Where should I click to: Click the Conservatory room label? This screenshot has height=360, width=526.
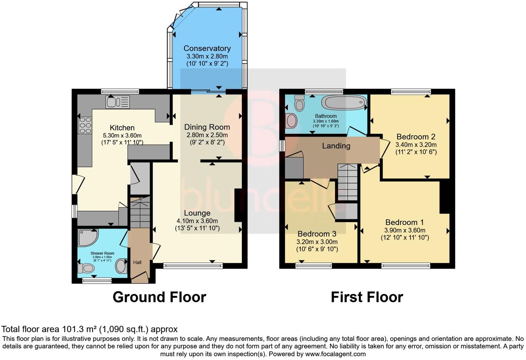click(x=207, y=48)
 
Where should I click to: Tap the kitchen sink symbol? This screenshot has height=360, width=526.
click(x=118, y=102)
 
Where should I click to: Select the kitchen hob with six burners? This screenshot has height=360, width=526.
click(x=85, y=125)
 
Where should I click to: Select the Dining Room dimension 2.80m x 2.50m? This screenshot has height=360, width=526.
click(x=207, y=135)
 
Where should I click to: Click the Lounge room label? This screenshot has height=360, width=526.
click(x=197, y=213)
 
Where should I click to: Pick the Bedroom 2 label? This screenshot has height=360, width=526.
click(x=416, y=137)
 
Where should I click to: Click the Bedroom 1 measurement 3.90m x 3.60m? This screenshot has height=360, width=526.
click(x=405, y=230)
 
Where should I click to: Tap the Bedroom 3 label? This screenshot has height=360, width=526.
click(x=317, y=233)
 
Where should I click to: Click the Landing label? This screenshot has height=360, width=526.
click(x=336, y=146)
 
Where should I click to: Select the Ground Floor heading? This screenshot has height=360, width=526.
click(x=159, y=297)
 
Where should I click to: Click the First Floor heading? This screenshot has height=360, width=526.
click(x=367, y=297)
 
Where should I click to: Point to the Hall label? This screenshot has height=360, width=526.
click(x=137, y=262)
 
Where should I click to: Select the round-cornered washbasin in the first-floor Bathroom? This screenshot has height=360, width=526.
click(x=292, y=120)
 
